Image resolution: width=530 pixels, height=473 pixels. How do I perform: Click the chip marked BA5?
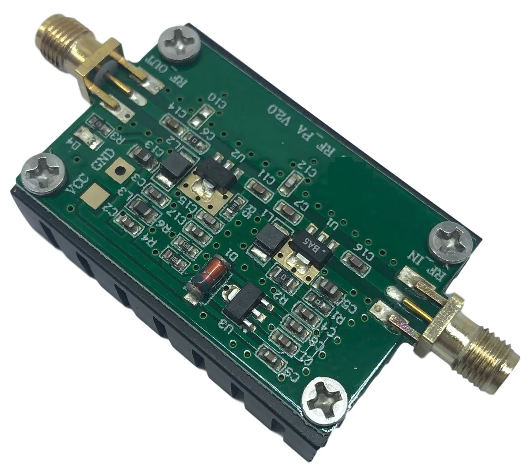(x=313, y=248)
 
